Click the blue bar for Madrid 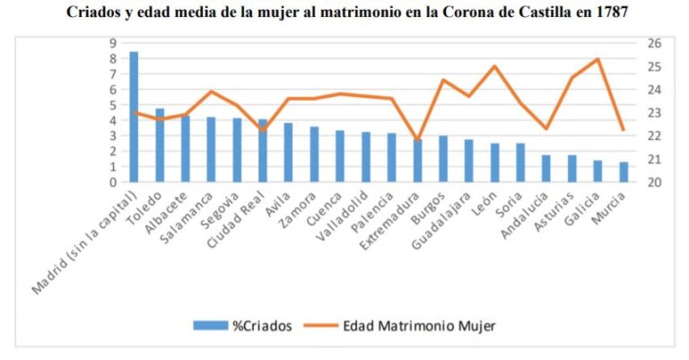tap(134, 117)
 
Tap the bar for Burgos tap(443, 159)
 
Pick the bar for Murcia tap(598, 171)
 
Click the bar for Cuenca tap(340, 156)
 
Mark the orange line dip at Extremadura tap(417, 140)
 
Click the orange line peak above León tap(494, 66)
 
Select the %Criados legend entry tap(242, 326)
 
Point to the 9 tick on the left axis tap(113, 42)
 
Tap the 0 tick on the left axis tap(113, 182)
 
